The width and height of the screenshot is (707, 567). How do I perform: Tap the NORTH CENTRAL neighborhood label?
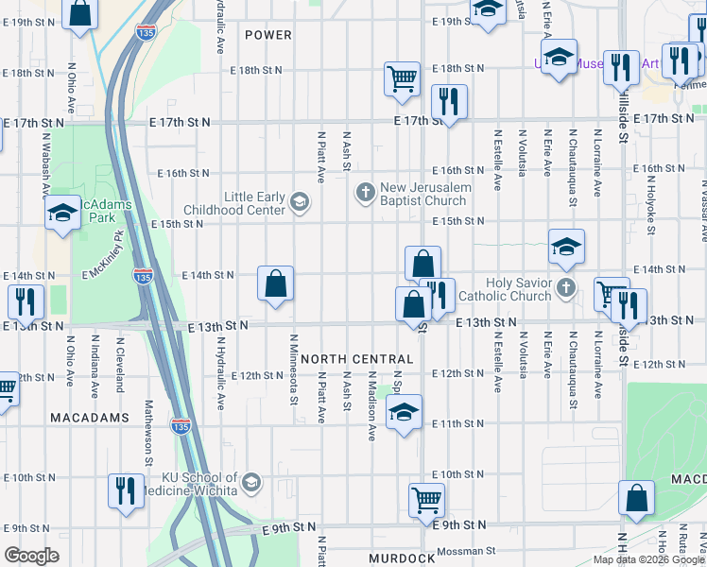357,359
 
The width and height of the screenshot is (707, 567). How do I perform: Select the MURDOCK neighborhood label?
402,558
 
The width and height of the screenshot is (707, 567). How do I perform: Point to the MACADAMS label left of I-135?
91,417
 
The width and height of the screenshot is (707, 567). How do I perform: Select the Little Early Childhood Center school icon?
300,202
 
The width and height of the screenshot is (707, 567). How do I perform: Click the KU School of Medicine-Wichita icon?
250,483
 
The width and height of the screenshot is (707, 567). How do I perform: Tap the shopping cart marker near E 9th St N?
426,498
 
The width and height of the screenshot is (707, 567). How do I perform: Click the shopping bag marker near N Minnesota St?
275,283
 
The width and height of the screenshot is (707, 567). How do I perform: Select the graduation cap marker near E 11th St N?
404,412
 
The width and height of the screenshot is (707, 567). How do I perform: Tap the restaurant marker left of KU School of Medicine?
126,490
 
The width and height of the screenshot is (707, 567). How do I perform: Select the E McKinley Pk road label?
104,259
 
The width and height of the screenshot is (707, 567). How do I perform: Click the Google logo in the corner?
31,556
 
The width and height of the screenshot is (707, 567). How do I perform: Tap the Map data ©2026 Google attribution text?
647,559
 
